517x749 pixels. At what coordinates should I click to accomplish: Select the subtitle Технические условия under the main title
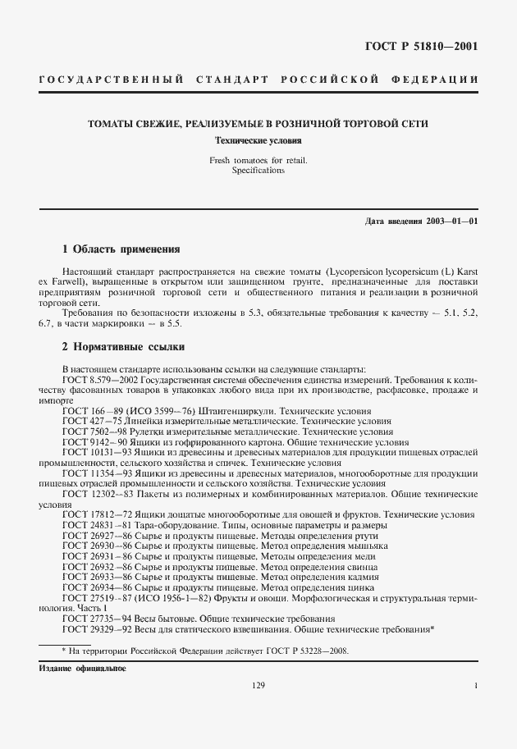coord(258,140)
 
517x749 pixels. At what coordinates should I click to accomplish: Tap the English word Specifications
coord(258,171)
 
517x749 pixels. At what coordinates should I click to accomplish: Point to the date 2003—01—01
coord(451,222)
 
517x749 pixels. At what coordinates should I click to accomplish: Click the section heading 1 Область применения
coord(121,249)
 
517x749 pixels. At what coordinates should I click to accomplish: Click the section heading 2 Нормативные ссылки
coord(124,347)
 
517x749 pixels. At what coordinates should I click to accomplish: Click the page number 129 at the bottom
coord(258,686)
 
